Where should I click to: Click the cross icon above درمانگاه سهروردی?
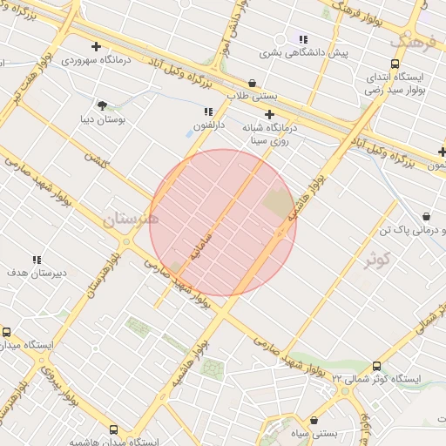(96, 46)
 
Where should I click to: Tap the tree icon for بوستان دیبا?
(103, 105)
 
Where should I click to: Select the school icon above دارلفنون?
(208, 111)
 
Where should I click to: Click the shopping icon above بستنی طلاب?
(253, 83)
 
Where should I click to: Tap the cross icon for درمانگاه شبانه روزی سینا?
(270, 114)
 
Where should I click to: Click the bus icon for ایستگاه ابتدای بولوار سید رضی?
(395, 64)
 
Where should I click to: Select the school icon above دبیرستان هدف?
(37, 260)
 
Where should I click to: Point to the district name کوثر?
(377, 259)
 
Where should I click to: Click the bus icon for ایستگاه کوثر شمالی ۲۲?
(376, 366)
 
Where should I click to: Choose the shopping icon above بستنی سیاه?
(310, 421)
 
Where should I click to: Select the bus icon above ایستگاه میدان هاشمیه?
(114, 429)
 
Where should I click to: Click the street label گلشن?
(94, 159)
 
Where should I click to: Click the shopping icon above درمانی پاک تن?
(426, 216)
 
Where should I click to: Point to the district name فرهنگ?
(410, 40)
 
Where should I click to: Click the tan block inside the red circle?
(279, 203)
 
